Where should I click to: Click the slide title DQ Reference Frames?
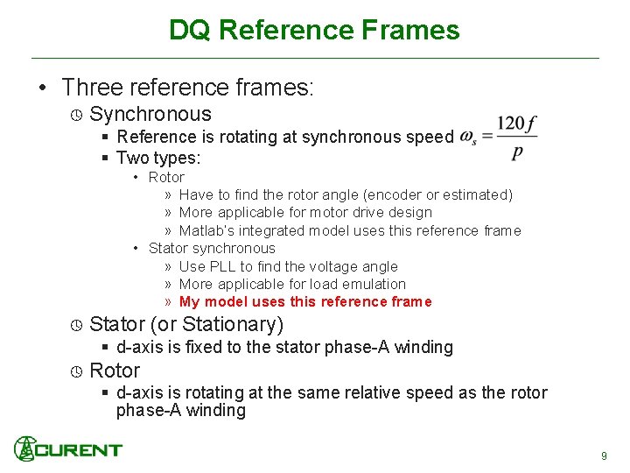314,30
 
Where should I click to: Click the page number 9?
604,455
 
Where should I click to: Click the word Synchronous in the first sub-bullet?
150,114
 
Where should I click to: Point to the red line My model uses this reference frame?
305,301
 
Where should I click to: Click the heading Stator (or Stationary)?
186,325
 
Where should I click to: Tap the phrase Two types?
158,159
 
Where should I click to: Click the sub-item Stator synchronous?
212,248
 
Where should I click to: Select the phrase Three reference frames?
188,88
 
